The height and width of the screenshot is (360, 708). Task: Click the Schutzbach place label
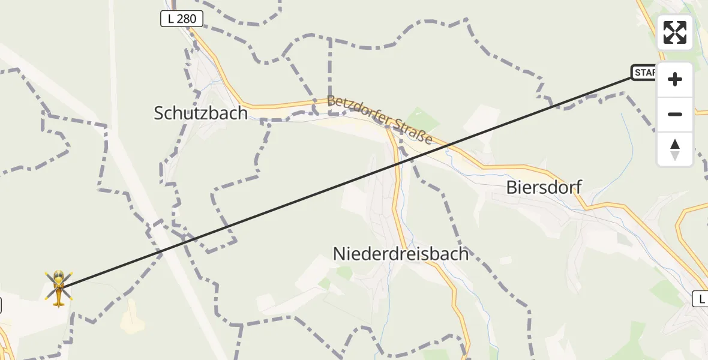200,113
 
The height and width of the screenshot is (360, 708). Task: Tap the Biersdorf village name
544,187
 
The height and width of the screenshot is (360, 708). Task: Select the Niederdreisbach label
400,253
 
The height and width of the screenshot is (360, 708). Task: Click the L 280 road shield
182,19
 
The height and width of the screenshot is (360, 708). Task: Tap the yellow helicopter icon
59,287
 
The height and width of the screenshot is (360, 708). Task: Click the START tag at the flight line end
644,73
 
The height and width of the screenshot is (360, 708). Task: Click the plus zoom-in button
675,79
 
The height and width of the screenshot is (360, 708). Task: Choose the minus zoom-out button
675,114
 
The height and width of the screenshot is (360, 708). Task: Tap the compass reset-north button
675,149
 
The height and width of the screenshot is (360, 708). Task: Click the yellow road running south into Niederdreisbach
397,198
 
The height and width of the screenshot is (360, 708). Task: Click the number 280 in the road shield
187,19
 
